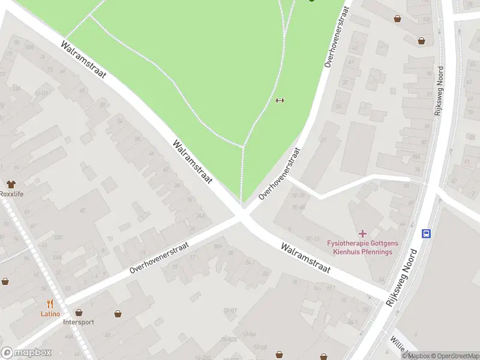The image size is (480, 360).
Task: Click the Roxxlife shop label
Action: pyautogui.click(x=11, y=194)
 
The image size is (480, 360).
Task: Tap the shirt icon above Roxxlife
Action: pyautogui.click(x=10, y=184)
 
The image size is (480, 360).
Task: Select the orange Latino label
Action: pyautogui.click(x=50, y=313)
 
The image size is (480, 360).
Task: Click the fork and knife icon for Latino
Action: pyautogui.click(x=50, y=304)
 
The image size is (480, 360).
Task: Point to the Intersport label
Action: pyautogui.click(x=79, y=322)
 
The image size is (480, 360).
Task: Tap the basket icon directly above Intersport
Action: pyautogui.click(x=79, y=313)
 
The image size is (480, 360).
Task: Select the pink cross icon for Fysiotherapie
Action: pyautogui.click(x=362, y=233)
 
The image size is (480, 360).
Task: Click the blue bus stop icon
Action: pyautogui.click(x=426, y=233)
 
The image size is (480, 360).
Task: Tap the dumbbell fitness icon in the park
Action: pyautogui.click(x=279, y=100)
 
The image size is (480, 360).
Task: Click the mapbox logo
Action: pyautogui.click(x=26, y=353)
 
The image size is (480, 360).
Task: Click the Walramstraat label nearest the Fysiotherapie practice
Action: pyautogui.click(x=305, y=258)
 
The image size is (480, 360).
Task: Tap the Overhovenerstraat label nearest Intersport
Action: pyautogui.click(x=159, y=258)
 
